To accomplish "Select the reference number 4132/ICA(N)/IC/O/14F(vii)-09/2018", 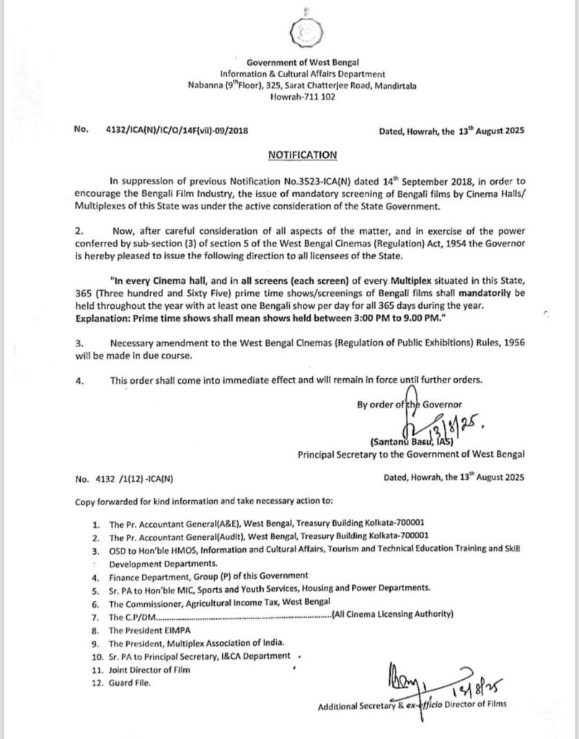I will [181, 131].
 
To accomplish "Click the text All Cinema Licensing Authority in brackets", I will [394, 616].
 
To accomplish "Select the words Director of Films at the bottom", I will [472, 704].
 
